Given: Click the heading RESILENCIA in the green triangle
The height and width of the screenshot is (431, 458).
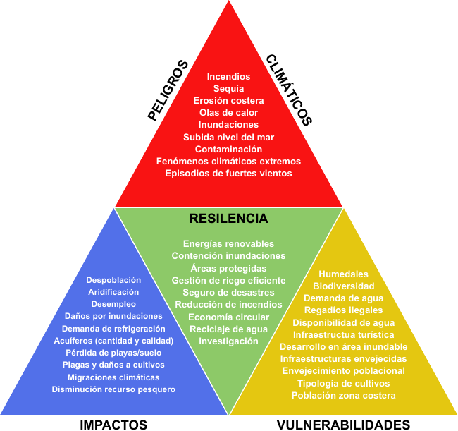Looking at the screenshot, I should tap(228, 219).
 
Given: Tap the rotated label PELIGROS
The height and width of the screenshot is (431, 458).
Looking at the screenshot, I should tap(169, 90).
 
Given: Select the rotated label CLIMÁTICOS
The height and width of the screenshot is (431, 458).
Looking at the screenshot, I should tap(288, 90).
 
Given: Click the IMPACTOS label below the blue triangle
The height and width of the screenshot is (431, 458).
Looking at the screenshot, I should tap(113, 424).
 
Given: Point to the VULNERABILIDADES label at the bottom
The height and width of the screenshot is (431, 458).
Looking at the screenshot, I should tap(343, 424).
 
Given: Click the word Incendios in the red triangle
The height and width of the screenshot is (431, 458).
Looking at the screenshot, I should tap(228, 76).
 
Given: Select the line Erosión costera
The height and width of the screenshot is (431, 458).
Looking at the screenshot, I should tap(228, 100).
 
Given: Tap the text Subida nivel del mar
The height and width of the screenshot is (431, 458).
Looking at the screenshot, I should tap(228, 137).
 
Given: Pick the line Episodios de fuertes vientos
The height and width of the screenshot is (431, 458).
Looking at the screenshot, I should tap(228, 173).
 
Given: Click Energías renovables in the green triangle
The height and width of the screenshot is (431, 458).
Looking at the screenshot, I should tap(228, 243).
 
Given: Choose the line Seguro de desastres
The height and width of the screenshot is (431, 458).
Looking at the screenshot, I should tap(228, 292).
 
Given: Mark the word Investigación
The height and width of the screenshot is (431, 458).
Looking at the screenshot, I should tap(228, 341).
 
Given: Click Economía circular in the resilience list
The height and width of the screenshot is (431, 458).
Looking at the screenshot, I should tap(228, 317).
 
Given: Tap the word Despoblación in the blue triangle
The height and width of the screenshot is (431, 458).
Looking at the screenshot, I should tap(113, 280).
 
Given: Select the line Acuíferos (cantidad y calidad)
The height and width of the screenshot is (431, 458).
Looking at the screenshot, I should tap(113, 341).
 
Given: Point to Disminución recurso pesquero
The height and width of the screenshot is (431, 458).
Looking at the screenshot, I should tap(113, 389).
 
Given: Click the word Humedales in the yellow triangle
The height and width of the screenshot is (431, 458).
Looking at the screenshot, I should tap(343, 274).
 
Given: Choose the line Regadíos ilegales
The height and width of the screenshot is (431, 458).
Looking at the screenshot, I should tap(343, 310).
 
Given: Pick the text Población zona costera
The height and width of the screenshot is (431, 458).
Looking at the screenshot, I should tap(343, 395).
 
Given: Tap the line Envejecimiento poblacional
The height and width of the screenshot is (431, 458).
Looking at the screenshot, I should tap(343, 370).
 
